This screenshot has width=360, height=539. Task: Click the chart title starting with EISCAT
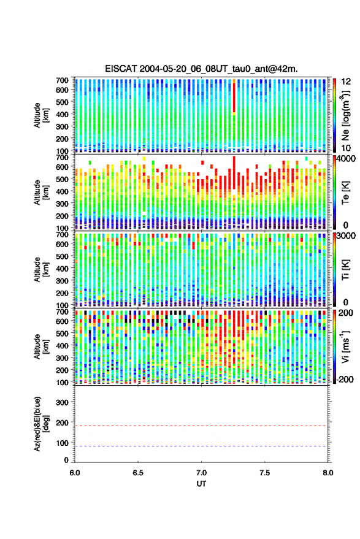[202, 69]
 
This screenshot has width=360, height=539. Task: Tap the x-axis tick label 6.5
[138, 473]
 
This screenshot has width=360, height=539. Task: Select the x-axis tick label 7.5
[265, 473]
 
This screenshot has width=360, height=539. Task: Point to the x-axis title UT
[202, 484]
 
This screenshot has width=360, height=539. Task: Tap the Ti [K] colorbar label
[345, 269]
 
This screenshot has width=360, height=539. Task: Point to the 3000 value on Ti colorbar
[347, 236]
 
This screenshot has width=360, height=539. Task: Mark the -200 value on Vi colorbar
[345, 380]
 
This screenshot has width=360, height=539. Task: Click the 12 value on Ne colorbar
[346, 82]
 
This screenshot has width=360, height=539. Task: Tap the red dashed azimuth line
[201, 426]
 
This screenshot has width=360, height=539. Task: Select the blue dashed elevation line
[201, 446]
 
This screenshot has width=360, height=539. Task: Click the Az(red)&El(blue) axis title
[41, 424]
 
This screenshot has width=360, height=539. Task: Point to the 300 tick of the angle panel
[62, 402]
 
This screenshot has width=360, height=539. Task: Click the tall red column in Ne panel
[234, 97]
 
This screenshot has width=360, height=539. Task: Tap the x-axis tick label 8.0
[328, 473]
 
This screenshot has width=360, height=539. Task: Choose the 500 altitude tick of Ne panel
[62, 102]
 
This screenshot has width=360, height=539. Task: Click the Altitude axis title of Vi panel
[41, 346]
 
